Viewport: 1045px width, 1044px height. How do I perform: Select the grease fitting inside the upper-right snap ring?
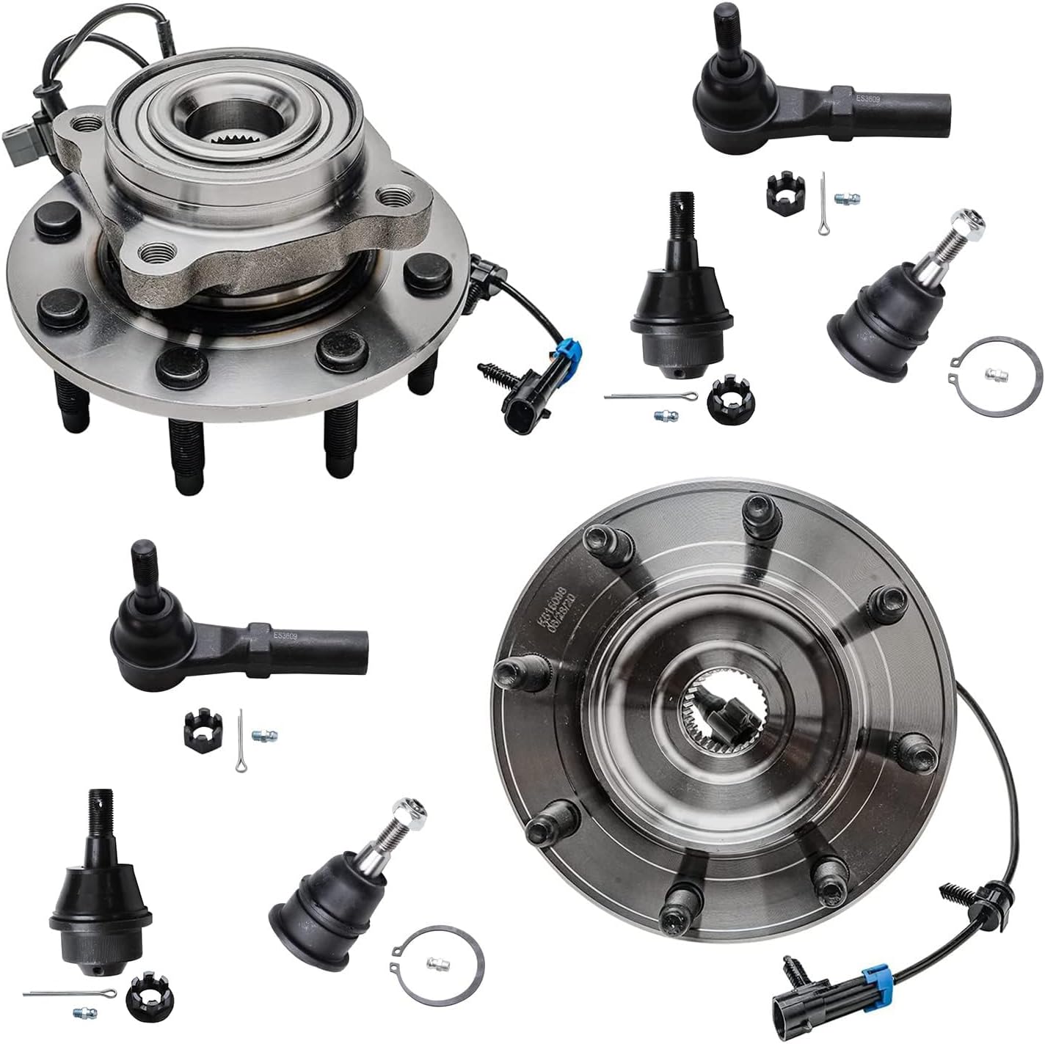coord(996,375)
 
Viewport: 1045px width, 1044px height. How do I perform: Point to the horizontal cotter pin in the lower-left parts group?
coord(70,993)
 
